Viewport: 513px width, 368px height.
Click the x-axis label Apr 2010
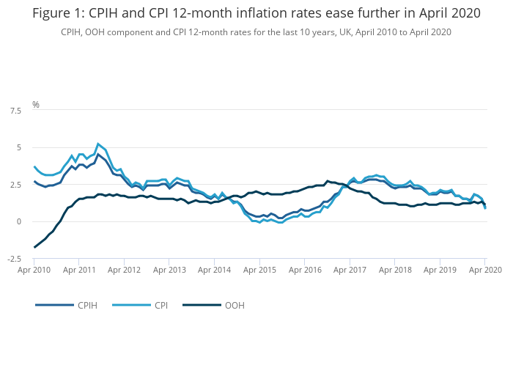pyautogui.click(x=34, y=270)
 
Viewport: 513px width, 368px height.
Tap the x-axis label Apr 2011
pyautogui.click(x=79, y=270)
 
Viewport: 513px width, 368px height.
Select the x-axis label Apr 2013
pyautogui.click(x=170, y=270)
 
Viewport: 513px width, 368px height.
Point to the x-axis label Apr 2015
pyautogui.click(x=260, y=270)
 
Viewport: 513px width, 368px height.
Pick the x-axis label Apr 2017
pyautogui.click(x=350, y=270)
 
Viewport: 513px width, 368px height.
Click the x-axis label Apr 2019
pyautogui.click(x=440, y=270)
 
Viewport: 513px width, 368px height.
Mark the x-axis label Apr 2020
pyautogui.click(x=484, y=270)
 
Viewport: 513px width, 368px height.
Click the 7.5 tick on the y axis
pyautogui.click(x=15, y=111)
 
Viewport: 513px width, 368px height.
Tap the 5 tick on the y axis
pyautogui.click(x=18, y=147)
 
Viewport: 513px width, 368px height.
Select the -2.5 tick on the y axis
pyautogui.click(x=13, y=259)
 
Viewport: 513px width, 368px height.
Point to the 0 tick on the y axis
pyautogui.click(x=18, y=221)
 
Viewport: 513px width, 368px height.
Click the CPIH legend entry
pyautogui.click(x=87, y=305)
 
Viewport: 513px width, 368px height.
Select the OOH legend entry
pyautogui.click(x=234, y=305)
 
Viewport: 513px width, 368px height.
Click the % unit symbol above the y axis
pyautogui.click(x=36, y=105)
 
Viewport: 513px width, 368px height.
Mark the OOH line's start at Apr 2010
pyautogui.click(x=35, y=247)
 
